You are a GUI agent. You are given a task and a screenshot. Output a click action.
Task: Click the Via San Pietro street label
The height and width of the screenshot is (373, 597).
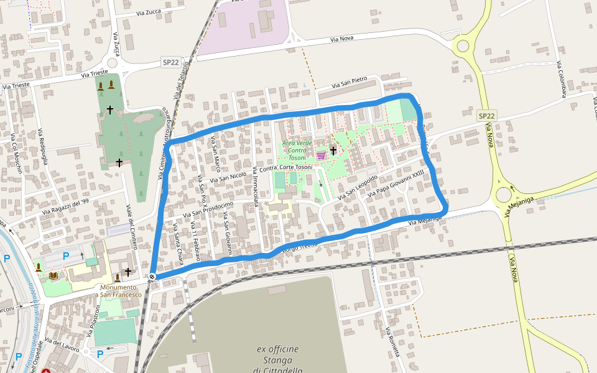coord(349,83)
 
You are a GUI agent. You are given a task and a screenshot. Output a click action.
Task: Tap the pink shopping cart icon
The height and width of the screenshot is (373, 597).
coord(321,155)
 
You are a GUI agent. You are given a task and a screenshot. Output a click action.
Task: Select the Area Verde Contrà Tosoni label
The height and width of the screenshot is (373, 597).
coord(297,150)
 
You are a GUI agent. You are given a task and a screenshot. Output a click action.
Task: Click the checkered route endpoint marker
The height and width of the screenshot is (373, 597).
coord(152,277)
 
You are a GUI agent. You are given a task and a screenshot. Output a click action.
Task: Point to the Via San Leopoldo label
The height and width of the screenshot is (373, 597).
coord(358,188)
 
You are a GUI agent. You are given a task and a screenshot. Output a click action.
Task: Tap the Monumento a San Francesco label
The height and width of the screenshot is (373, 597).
coord(120,290)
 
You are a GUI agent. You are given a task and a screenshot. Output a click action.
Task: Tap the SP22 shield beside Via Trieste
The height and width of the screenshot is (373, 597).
coord(170,62)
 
